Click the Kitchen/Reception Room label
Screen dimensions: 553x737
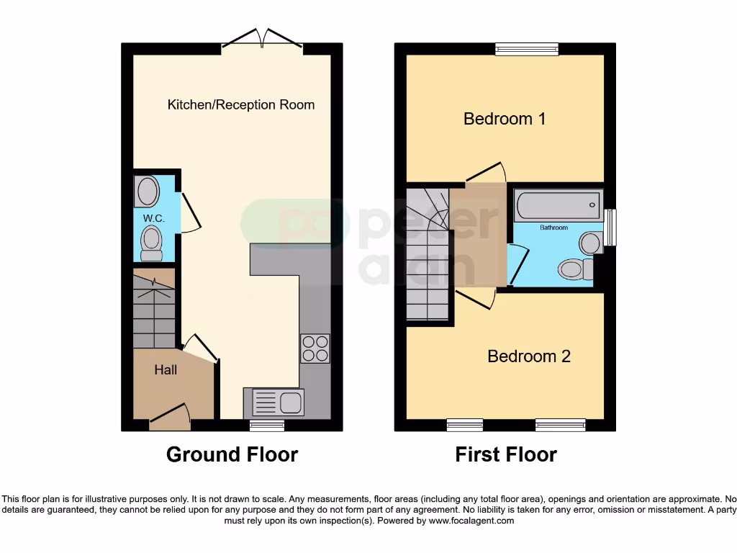[241, 104]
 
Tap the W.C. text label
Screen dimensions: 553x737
[154, 218]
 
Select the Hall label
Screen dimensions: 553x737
[166, 370]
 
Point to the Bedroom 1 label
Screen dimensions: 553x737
[504, 119]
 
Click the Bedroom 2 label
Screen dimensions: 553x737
[529, 356]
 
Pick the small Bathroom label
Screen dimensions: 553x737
[554, 228]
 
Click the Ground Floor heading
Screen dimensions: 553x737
[232, 454]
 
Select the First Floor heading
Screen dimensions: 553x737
[506, 454]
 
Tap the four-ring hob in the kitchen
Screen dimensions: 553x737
[315, 349]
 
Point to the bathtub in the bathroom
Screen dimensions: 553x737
[558, 205]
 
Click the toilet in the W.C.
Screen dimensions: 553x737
[151, 241]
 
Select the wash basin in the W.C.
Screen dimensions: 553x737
[147, 192]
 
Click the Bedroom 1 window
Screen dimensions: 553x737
[527, 49]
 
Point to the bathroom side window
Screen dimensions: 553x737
[611, 227]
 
